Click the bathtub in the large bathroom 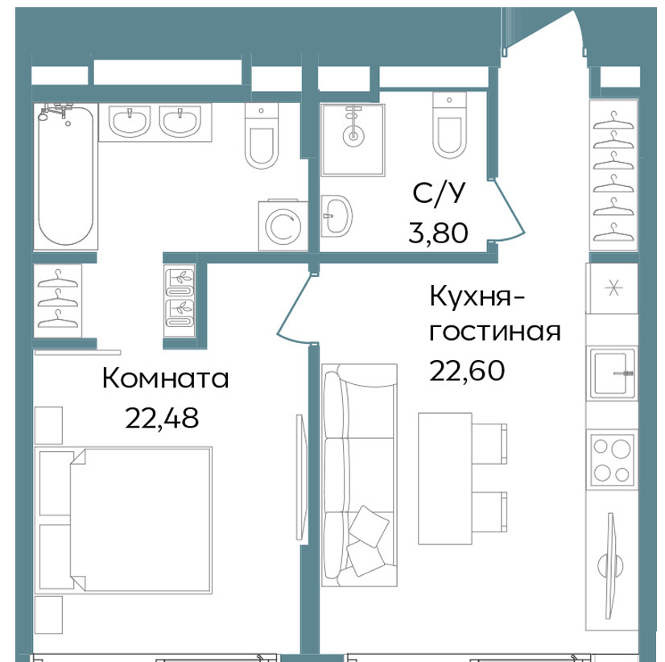(66, 176)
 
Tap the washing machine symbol (283, 225)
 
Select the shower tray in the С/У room (353, 139)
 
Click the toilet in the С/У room (449, 124)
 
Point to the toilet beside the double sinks (261, 136)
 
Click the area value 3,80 (438, 233)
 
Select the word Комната (165, 378)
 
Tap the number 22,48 (162, 418)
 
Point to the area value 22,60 (467, 370)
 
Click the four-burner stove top (612, 460)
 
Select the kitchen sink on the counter (612, 374)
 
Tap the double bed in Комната (123, 519)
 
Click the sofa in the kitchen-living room (359, 475)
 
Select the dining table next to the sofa (445, 478)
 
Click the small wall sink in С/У (337, 216)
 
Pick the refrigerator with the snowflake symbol (613, 288)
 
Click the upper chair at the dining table (489, 444)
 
